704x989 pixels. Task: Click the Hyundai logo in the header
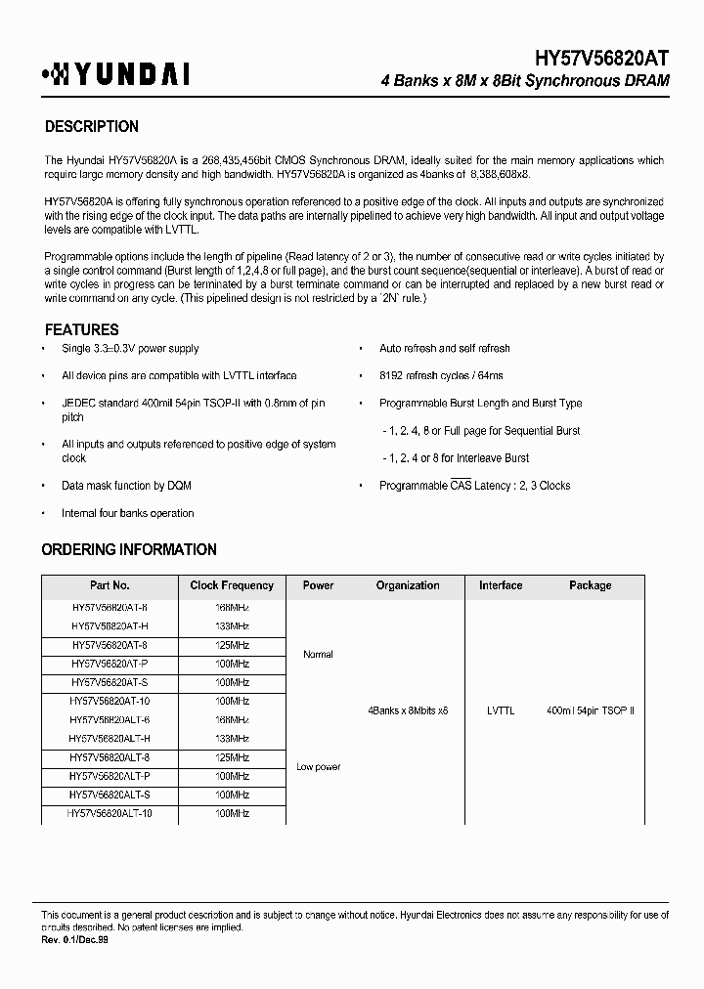click(115, 74)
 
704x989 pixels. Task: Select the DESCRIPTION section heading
click(92, 126)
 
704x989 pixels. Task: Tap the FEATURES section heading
click(82, 329)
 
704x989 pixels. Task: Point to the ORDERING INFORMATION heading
click(129, 549)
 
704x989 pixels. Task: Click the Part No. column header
click(110, 585)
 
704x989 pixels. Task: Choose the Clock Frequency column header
click(232, 585)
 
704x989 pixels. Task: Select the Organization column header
click(408, 585)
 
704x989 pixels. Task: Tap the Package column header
click(590, 585)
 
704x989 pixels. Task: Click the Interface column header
click(501, 585)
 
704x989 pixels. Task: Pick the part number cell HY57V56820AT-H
click(110, 625)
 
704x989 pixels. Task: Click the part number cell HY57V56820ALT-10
click(110, 813)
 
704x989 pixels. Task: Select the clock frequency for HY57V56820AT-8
click(232, 645)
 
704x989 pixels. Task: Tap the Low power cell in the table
click(319, 767)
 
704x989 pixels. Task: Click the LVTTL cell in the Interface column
click(501, 710)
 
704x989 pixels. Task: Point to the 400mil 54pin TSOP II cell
click(591, 710)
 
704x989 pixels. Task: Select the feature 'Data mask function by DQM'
click(126, 486)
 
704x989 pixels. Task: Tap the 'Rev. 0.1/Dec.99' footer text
click(73, 938)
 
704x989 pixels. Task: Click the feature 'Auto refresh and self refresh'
click(445, 348)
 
